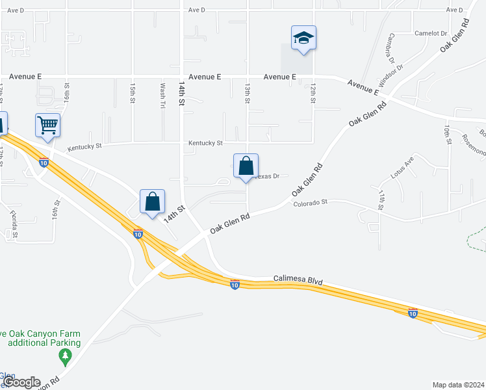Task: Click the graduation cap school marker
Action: pos(303,38)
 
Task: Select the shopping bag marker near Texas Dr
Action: pos(246,166)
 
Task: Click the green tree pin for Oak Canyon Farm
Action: pos(64,356)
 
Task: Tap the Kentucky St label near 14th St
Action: pos(205,143)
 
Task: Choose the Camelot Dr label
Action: pos(431,33)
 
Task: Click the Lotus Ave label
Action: pos(402,168)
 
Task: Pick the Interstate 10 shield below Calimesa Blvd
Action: pos(235,284)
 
